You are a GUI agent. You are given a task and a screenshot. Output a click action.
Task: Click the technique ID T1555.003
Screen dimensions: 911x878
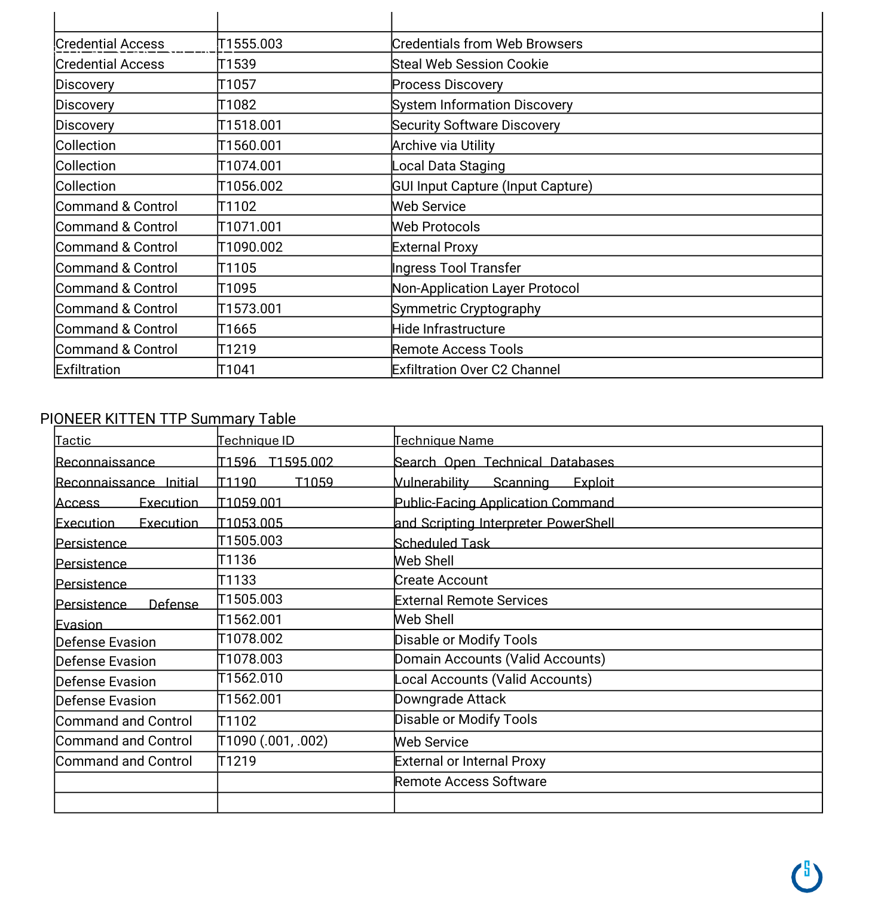click(250, 44)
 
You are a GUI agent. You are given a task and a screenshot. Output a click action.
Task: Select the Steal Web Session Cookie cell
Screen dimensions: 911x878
click(470, 65)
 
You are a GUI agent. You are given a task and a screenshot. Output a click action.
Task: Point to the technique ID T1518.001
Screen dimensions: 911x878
click(250, 126)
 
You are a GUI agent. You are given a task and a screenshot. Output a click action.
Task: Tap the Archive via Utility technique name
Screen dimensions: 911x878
click(443, 146)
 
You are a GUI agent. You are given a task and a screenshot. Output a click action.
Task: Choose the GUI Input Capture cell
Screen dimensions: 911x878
click(492, 187)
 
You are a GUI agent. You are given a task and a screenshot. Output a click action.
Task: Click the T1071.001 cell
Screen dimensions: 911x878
click(250, 227)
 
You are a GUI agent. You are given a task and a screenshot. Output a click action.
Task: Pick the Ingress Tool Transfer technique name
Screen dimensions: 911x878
click(457, 268)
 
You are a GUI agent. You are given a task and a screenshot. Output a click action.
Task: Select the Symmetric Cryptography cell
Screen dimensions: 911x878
click(466, 309)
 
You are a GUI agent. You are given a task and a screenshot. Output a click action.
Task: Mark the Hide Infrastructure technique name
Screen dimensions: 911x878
click(449, 329)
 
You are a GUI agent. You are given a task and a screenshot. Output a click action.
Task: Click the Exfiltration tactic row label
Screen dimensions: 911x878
click(88, 370)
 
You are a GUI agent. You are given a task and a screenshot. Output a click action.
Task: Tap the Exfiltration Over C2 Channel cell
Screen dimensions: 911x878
click(476, 370)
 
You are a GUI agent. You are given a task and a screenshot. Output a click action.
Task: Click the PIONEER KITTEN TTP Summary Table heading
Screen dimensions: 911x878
click(168, 418)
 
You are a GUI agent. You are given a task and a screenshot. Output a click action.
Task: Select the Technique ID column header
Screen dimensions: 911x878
click(256, 441)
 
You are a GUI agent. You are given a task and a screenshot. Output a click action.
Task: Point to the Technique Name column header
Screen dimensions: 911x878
click(444, 441)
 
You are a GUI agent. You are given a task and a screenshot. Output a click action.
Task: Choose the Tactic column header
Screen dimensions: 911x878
click(74, 441)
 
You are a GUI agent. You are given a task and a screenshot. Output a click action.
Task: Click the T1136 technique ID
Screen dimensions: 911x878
click(237, 560)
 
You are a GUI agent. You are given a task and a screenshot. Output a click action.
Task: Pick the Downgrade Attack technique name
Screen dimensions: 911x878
click(451, 699)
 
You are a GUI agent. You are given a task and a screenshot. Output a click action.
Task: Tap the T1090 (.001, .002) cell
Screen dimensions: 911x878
click(273, 741)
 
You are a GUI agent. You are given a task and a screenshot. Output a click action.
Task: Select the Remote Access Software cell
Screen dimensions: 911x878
click(471, 782)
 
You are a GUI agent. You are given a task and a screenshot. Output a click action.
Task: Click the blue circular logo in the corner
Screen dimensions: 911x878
click(807, 877)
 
